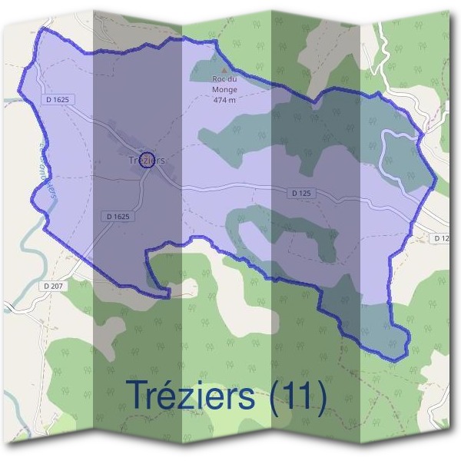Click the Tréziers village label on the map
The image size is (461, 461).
[x=144, y=161]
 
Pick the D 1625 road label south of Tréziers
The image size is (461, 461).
[x=118, y=217]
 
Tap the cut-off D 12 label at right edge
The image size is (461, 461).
[x=439, y=239]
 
